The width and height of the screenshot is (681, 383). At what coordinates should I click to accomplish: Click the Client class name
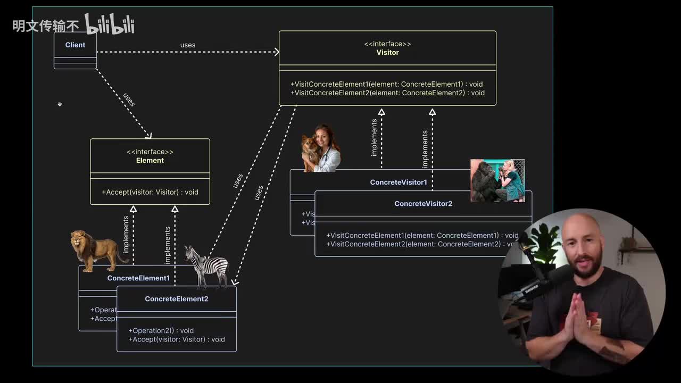pyautogui.click(x=75, y=45)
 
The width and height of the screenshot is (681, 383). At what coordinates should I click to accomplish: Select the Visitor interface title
pyautogui.click(x=387, y=53)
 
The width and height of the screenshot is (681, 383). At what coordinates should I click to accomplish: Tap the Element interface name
pyautogui.click(x=150, y=161)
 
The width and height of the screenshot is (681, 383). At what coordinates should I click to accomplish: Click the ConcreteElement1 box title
pyautogui.click(x=138, y=278)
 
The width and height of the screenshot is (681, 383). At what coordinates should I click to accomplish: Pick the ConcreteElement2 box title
pyautogui.click(x=177, y=299)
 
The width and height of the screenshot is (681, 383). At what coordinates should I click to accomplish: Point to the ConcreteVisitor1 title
pyautogui.click(x=398, y=182)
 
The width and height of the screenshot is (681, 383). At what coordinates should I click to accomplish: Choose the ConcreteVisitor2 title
pyautogui.click(x=423, y=204)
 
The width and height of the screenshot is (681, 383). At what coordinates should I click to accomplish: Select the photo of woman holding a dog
pyautogui.click(x=321, y=148)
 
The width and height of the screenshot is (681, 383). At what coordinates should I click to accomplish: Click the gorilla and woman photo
pyautogui.click(x=497, y=180)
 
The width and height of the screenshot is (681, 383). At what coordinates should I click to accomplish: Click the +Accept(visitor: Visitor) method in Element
pyautogui.click(x=150, y=192)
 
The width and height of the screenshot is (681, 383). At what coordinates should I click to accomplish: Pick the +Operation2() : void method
pyautogui.click(x=161, y=331)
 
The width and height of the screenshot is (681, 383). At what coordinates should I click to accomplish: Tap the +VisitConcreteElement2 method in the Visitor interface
pyautogui.click(x=387, y=93)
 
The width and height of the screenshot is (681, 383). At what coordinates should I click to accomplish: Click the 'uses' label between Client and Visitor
pyautogui.click(x=188, y=45)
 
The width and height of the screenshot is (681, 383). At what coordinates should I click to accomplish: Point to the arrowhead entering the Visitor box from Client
pyautogui.click(x=276, y=52)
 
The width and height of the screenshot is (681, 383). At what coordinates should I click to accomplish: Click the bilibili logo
pyautogui.click(x=110, y=24)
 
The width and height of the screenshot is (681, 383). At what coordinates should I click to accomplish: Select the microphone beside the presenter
pyautogui.click(x=537, y=285)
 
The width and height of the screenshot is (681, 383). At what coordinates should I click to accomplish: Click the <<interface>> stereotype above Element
pyautogui.click(x=150, y=152)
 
